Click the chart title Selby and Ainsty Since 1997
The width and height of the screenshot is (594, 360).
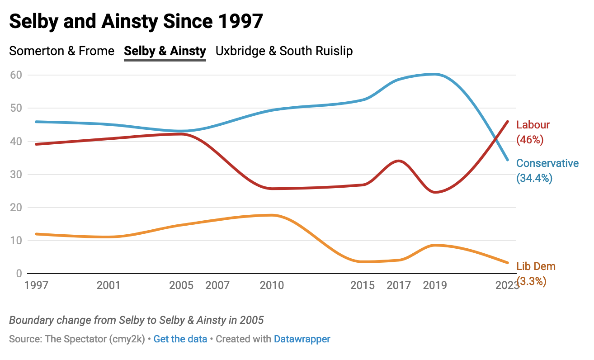point(136,21)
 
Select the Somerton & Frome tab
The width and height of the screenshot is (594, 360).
point(62,51)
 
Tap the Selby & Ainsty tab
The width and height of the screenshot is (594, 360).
point(165,51)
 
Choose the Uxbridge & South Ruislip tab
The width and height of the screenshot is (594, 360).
point(284,51)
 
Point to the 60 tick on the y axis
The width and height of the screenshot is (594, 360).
point(16,75)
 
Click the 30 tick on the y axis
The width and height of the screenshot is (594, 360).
point(16,175)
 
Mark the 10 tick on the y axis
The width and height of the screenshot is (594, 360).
point(16,241)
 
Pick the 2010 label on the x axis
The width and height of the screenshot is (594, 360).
point(272,285)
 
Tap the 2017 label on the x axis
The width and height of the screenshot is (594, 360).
point(399,285)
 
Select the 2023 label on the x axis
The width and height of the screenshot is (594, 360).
point(507,285)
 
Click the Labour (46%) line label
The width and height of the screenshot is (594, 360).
point(533,132)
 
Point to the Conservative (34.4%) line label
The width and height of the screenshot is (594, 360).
point(547,171)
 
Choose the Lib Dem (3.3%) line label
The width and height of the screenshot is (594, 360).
point(536,273)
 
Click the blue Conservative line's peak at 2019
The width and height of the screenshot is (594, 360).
point(435,74)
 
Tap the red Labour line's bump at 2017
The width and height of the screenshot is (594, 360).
point(398,161)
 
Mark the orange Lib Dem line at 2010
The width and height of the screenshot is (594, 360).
point(272,215)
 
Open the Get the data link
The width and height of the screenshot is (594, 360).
point(180,339)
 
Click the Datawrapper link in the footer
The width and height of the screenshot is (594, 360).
point(302,339)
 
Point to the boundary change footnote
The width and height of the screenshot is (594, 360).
point(136,320)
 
